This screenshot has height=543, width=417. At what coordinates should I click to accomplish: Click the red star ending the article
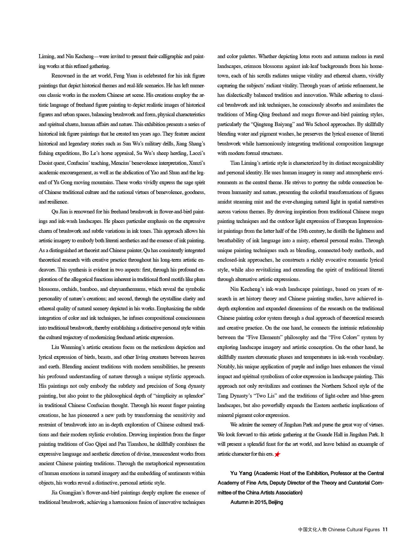coord(277,454)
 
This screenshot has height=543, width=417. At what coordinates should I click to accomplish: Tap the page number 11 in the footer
coord(385,529)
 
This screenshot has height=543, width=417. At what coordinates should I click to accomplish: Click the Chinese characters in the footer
coord(313,529)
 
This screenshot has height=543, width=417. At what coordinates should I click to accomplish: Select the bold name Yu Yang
coord(241,473)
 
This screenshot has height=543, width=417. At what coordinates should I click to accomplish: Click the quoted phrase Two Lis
coord(265,396)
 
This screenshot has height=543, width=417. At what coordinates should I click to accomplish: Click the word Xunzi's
coord(197,163)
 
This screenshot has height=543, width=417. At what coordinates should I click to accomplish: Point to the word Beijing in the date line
coord(275,502)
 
